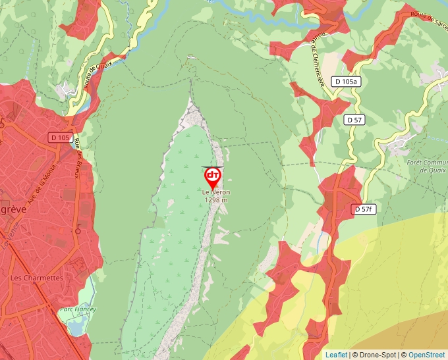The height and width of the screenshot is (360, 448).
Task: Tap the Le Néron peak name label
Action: tap(216, 192)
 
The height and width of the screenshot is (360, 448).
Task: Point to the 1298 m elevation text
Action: tap(216, 200)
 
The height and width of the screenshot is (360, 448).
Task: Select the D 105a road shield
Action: tap(347, 82)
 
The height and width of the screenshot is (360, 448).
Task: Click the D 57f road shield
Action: tap(363, 209)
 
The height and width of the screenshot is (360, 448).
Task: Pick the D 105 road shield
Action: tap(60, 138)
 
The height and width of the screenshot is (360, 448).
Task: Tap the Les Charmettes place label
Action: tap(36, 278)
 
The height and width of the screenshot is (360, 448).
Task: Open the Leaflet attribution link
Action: tap(336, 355)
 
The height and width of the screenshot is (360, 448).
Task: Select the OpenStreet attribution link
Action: tap(427, 355)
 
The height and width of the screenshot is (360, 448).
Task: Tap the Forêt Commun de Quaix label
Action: tap(427, 166)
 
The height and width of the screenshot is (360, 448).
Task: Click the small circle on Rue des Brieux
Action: tap(78, 231)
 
